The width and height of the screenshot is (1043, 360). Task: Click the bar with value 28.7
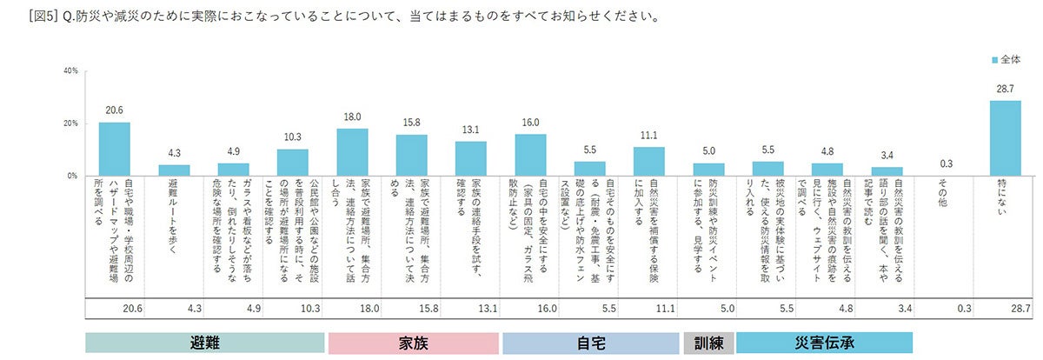(1006, 138)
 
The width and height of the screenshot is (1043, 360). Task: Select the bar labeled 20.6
(114, 150)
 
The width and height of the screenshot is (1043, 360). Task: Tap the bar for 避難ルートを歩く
(173, 170)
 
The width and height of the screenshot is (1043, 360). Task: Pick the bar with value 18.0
(352, 152)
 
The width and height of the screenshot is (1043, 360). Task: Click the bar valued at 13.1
(470, 158)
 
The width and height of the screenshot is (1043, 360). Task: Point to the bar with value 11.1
(649, 161)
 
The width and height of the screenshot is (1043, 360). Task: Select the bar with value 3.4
(887, 171)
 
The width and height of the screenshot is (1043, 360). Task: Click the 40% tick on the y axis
(71, 70)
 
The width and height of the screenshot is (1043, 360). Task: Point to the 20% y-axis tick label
(71, 123)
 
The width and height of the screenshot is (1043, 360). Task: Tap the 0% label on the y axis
(73, 176)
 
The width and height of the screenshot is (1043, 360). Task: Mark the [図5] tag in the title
(43, 17)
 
